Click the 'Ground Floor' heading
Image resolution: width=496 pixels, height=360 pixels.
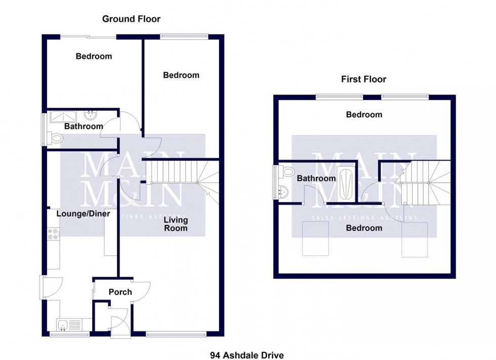click(x=131, y=19)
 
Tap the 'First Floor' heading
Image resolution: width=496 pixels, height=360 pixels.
click(x=363, y=79)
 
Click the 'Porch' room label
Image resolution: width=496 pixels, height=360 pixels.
click(x=120, y=292)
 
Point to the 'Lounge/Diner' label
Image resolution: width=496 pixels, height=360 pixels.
click(x=83, y=214)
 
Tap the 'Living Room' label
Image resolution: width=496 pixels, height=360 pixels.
click(x=176, y=224)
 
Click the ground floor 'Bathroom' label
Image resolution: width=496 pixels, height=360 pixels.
click(x=84, y=126)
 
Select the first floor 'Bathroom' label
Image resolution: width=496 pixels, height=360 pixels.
click(x=316, y=178)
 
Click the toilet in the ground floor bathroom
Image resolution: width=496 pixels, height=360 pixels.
click(x=56, y=137)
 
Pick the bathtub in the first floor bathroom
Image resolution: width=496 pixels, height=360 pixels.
click(x=347, y=182)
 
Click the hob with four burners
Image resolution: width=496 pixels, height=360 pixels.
click(x=53, y=233)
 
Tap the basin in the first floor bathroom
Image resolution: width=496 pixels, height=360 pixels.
click(x=284, y=192)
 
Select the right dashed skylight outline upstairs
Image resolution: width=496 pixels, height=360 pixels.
click(x=414, y=240)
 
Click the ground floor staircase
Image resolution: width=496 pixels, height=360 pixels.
click(x=175, y=172)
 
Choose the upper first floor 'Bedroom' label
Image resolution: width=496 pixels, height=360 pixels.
click(x=364, y=115)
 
